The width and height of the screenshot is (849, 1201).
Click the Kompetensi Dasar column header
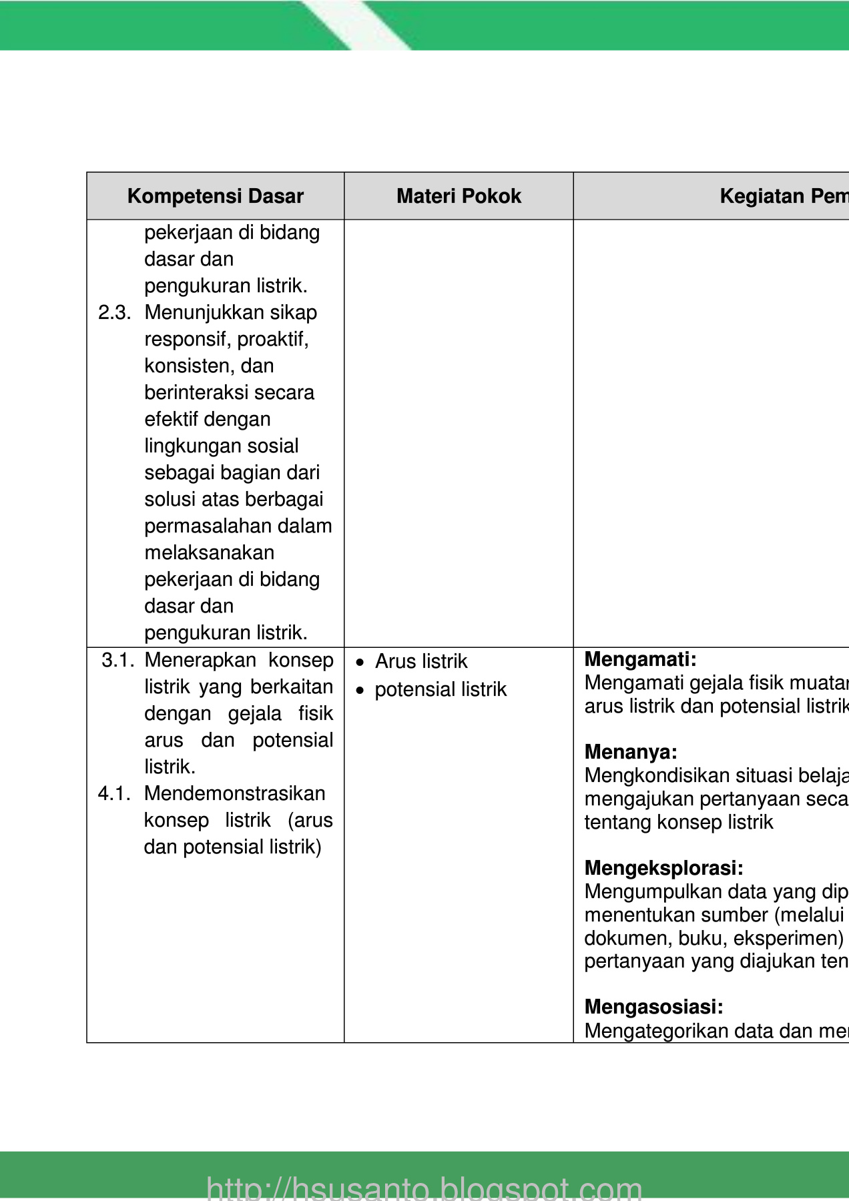(215, 196)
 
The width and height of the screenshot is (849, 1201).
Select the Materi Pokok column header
(459, 196)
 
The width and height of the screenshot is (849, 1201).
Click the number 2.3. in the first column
(114, 312)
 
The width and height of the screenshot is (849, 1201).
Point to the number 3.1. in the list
(118, 660)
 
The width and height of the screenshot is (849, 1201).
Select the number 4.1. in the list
(114, 793)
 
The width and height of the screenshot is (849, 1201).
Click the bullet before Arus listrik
(360, 663)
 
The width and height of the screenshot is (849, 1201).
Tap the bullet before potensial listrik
(360, 691)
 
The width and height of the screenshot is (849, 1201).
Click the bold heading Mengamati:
(640, 659)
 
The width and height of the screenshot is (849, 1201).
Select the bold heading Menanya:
(631, 752)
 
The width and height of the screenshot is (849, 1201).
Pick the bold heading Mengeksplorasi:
(663, 868)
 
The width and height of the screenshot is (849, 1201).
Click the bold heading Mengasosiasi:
(653, 1007)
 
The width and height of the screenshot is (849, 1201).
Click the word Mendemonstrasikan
(234, 793)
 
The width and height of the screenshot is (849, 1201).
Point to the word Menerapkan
(200, 660)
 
